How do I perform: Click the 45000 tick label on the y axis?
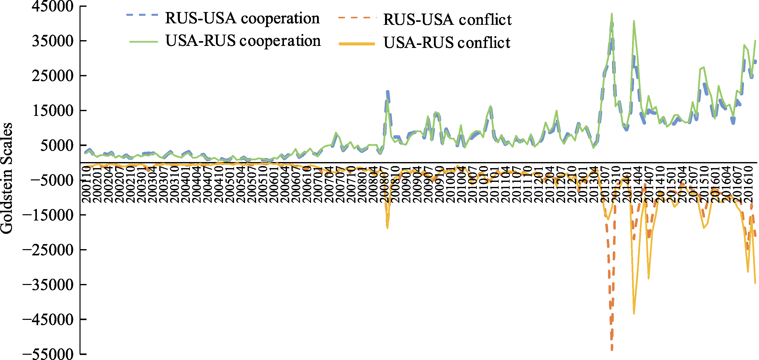click(x=53, y=7)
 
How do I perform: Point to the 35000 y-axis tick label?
click(x=53, y=41)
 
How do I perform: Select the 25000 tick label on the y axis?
click(x=53, y=76)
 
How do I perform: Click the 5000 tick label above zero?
click(x=57, y=145)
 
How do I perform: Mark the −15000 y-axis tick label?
click(x=48, y=215)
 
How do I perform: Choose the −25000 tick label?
click(x=48, y=250)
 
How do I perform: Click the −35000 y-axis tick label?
click(x=48, y=284)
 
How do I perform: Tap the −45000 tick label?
click(x=48, y=319)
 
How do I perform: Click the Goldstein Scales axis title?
click(x=7, y=178)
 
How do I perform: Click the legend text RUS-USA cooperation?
click(x=242, y=18)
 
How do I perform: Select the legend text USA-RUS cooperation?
click(x=243, y=41)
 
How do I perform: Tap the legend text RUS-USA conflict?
click(x=447, y=20)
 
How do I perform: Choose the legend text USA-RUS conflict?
click(x=447, y=43)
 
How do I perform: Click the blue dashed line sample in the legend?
click(x=142, y=15)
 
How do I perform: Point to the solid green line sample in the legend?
click(x=144, y=42)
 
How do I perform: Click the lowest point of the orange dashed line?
click(x=612, y=349)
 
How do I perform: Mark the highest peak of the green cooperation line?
click(x=612, y=14)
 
